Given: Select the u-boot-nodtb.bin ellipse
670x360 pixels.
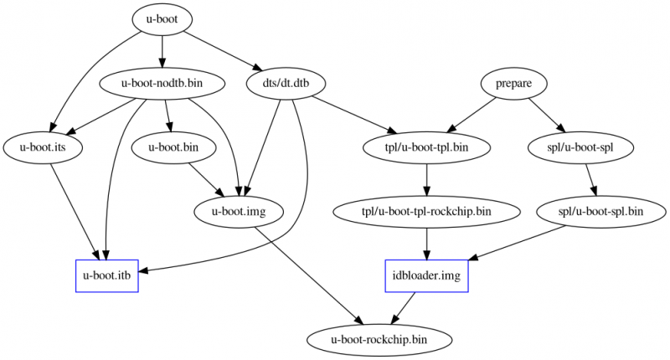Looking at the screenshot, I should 162,84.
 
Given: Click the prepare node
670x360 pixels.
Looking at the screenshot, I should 513,84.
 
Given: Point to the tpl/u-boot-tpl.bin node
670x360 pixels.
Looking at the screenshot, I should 427,147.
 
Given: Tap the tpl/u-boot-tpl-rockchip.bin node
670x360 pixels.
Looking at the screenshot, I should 427,211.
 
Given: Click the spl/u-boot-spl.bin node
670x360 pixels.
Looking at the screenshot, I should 600,211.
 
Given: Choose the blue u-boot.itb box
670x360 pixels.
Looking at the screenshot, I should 106,275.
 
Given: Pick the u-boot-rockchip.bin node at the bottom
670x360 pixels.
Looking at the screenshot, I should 379,339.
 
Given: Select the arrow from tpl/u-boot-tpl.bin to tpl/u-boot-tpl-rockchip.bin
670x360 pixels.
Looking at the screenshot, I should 427,179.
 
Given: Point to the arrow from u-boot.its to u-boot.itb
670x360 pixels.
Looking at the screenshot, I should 74,209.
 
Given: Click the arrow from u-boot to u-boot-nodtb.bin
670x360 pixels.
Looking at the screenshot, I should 162,52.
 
